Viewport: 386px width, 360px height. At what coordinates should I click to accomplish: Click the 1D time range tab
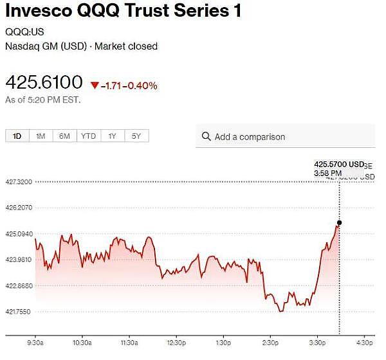(17, 136)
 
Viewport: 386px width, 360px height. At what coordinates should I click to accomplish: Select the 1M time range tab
(41, 136)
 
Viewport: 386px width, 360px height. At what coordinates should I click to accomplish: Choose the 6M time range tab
(64, 136)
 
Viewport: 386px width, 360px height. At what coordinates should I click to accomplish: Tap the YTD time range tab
(88, 136)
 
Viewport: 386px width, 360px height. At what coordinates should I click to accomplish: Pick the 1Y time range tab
(113, 136)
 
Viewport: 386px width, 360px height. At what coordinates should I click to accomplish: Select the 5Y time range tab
(136, 136)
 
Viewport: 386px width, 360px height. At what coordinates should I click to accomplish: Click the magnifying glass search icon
(207, 136)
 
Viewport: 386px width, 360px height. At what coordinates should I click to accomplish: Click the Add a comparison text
(250, 137)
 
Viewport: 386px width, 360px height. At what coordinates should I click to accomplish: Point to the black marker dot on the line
(340, 222)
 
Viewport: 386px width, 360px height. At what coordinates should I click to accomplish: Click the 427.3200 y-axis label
(18, 182)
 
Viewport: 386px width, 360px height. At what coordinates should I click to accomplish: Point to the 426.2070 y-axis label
(18, 208)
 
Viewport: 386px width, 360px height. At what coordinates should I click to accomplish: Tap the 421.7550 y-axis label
(18, 311)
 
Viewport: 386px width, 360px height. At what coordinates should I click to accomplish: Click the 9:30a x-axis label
(35, 342)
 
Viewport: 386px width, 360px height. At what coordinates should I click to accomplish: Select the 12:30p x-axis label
(176, 342)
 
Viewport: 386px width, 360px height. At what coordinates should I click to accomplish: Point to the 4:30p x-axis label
(365, 342)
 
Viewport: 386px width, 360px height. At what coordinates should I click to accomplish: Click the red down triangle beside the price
(95, 85)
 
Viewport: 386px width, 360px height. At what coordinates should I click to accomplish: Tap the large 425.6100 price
(44, 83)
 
